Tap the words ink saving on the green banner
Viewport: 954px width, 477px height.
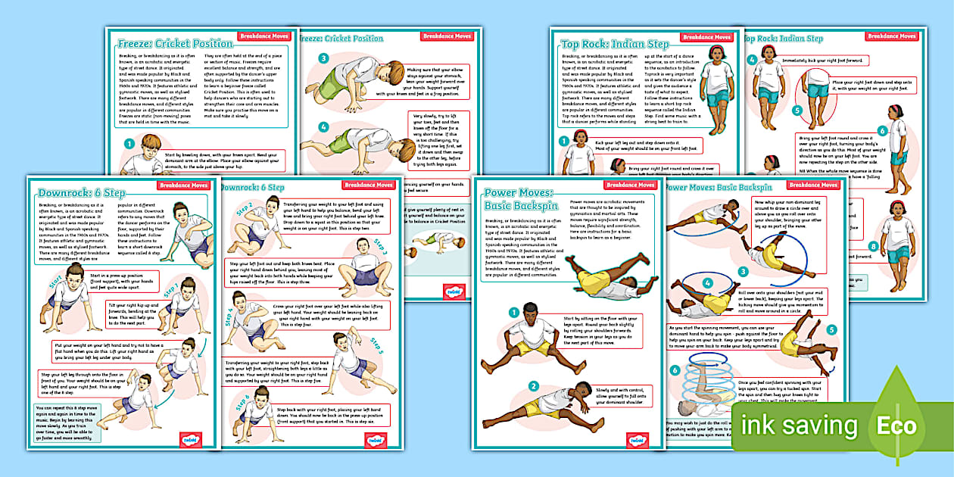pyautogui.click(x=800, y=426)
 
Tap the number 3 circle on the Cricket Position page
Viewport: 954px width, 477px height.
pyautogui.click(x=323, y=58)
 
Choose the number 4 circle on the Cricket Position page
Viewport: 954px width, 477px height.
pyautogui.click(x=323, y=126)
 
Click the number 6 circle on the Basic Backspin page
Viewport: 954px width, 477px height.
pyautogui.click(x=675, y=370)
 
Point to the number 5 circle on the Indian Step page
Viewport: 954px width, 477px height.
pyautogui.click(x=797, y=109)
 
